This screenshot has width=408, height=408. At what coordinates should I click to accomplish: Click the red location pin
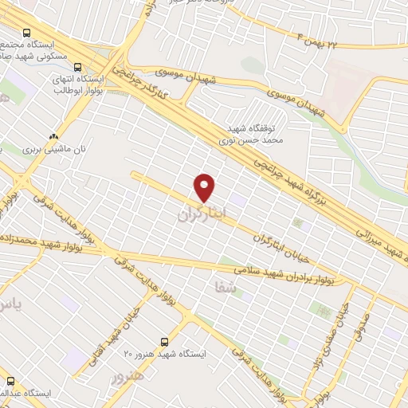(x=205, y=186)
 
